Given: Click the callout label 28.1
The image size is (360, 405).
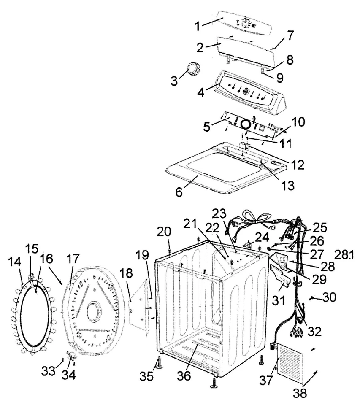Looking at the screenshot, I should [346, 255].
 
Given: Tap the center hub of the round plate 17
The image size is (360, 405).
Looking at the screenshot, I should [92, 313].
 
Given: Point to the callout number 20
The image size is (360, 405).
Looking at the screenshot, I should [164, 232].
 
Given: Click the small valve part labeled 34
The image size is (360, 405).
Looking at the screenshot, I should [70, 354].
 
